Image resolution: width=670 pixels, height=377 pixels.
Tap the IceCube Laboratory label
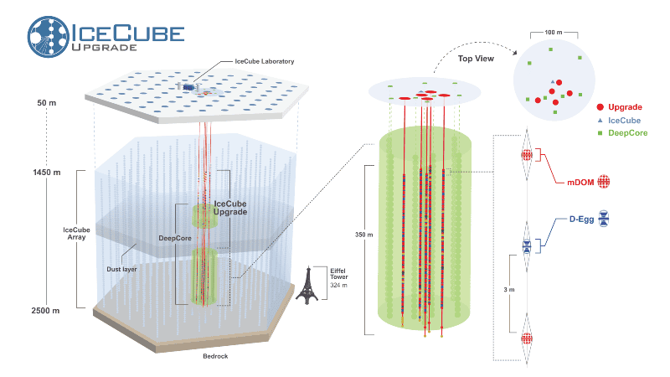click(265, 61)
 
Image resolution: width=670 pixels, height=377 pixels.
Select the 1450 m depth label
click(47, 173)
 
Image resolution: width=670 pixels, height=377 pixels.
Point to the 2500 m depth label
click(45, 311)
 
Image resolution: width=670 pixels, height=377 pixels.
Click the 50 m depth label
click(47, 103)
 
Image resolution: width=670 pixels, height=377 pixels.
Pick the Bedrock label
click(215, 356)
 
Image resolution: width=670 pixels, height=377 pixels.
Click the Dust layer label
click(121, 269)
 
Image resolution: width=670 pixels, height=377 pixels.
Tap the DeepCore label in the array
click(175, 238)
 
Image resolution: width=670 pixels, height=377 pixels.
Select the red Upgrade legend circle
click(600, 107)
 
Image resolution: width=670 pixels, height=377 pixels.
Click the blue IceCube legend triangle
click(600, 121)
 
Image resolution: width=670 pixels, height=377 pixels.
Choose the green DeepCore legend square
click(600, 133)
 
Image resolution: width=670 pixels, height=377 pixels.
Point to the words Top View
click(476, 59)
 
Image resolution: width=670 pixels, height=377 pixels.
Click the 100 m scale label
click(554, 33)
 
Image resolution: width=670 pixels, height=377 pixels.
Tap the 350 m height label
click(363, 235)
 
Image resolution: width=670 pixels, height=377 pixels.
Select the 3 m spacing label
click(509, 290)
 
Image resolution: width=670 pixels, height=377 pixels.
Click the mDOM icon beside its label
click(603, 182)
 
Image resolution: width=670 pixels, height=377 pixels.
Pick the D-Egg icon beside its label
click(603, 219)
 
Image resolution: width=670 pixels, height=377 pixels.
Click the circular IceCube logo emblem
click(49, 37)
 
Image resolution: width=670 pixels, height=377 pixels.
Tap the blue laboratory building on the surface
click(188, 87)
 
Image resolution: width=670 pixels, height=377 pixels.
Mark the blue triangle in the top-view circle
click(553, 81)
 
